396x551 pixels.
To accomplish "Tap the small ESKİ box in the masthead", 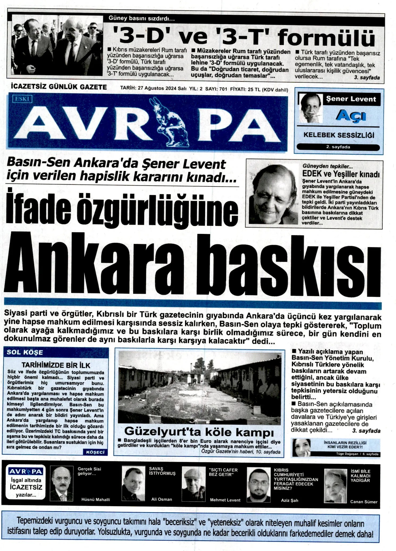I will (x=22, y=99).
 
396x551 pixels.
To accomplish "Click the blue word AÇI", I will (x=351, y=116).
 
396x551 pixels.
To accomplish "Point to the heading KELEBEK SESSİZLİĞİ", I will (x=339, y=135).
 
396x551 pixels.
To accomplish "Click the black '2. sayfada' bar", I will (x=338, y=147).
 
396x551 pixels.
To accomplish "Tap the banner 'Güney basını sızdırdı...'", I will (x=142, y=19).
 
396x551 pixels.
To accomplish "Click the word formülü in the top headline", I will (x=326, y=37).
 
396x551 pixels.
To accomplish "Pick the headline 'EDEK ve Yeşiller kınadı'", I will (x=341, y=174).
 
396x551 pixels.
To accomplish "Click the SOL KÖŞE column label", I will (x=25, y=352).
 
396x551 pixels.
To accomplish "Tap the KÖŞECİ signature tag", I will (x=95, y=452).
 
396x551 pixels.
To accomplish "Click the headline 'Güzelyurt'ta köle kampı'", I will (x=199, y=432).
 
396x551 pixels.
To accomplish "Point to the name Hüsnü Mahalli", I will (x=95, y=499).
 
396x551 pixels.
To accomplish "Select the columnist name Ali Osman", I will (x=161, y=499).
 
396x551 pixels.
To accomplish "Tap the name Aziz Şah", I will (x=289, y=500).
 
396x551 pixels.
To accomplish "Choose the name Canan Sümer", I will (x=364, y=502).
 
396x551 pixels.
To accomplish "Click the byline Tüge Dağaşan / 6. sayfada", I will (x=357, y=454).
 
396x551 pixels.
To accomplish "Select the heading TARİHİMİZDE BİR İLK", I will (x=56, y=365).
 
